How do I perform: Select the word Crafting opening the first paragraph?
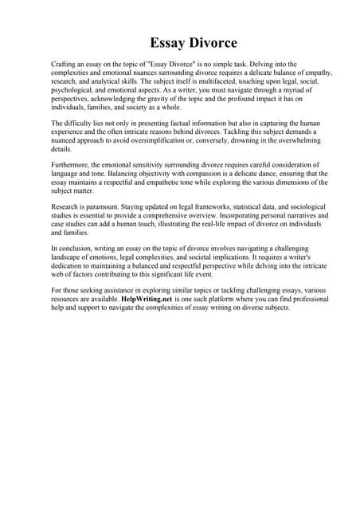coord(64,62)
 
